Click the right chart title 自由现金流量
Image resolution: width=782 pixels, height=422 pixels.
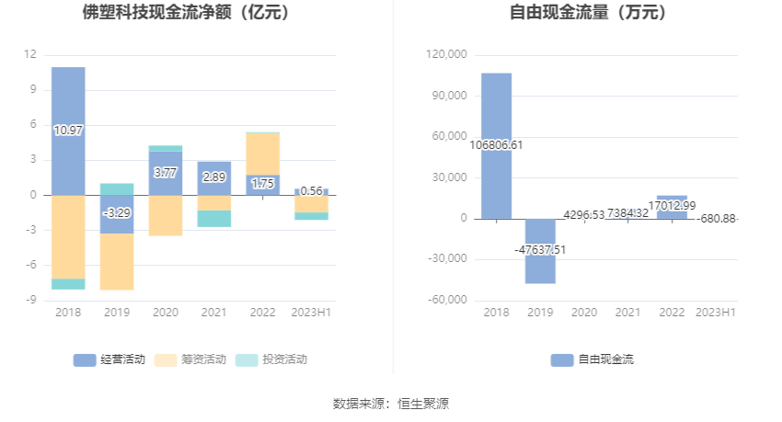tap(588, 13)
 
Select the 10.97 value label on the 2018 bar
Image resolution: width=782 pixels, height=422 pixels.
tap(68, 131)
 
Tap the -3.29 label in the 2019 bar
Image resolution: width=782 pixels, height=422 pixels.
tap(117, 212)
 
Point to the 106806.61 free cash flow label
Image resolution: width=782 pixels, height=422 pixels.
tap(496, 145)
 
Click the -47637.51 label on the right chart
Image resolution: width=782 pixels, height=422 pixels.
tap(540, 249)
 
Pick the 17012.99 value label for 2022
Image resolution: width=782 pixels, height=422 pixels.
tap(672, 206)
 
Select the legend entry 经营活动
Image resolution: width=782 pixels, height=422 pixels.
tap(110, 359)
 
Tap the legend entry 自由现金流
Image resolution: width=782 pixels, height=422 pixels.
tap(593, 359)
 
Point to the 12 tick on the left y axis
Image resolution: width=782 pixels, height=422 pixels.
tap(30, 55)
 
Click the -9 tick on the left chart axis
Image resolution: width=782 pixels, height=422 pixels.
tap(30, 301)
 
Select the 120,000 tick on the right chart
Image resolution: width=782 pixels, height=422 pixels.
tap(447, 55)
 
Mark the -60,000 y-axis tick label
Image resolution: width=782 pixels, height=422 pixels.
tap(447, 301)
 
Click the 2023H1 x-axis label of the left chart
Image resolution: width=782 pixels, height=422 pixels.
tap(312, 314)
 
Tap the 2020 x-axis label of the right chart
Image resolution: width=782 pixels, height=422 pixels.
tap(584, 314)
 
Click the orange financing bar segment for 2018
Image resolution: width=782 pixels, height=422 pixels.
tap(68, 236)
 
